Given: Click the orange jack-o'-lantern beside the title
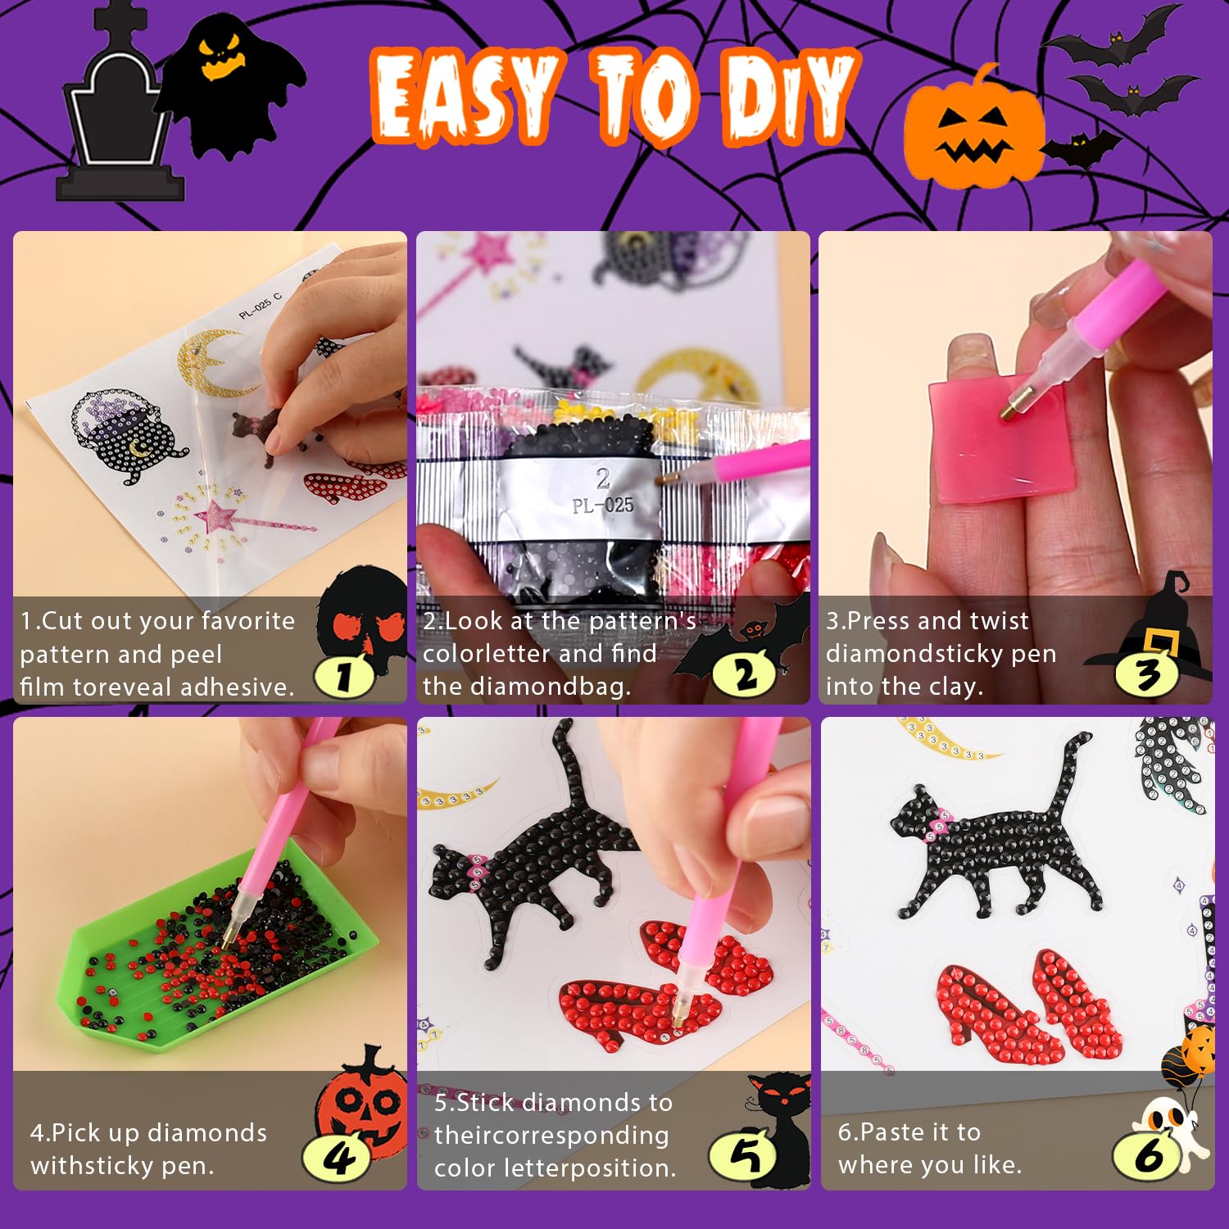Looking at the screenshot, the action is [973, 131].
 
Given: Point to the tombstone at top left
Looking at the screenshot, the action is [119, 111].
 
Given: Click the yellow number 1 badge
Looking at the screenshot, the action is [344, 676].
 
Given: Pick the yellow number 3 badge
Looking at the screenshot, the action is [1147, 675].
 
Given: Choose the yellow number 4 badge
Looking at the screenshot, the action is [338, 1157].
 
